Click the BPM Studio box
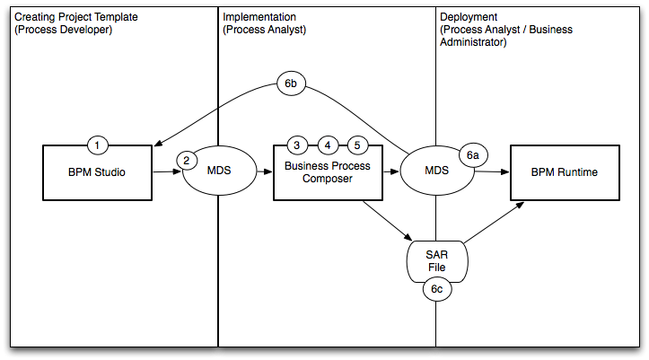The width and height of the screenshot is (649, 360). tap(98, 173)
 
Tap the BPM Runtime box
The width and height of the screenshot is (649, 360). tap(564, 173)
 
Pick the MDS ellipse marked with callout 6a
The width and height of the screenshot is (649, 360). tap(436, 171)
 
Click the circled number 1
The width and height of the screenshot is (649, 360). tap(99, 145)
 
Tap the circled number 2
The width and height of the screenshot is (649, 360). tap(187, 161)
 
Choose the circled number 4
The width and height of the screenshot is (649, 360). tap(328, 145)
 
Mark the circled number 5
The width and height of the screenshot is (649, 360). tap(356, 145)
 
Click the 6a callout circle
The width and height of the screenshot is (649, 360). tap(472, 154)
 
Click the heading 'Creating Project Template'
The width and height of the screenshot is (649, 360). tap(75, 17)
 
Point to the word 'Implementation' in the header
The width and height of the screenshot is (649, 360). tap(259, 17)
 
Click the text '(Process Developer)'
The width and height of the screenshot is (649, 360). tap(63, 30)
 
